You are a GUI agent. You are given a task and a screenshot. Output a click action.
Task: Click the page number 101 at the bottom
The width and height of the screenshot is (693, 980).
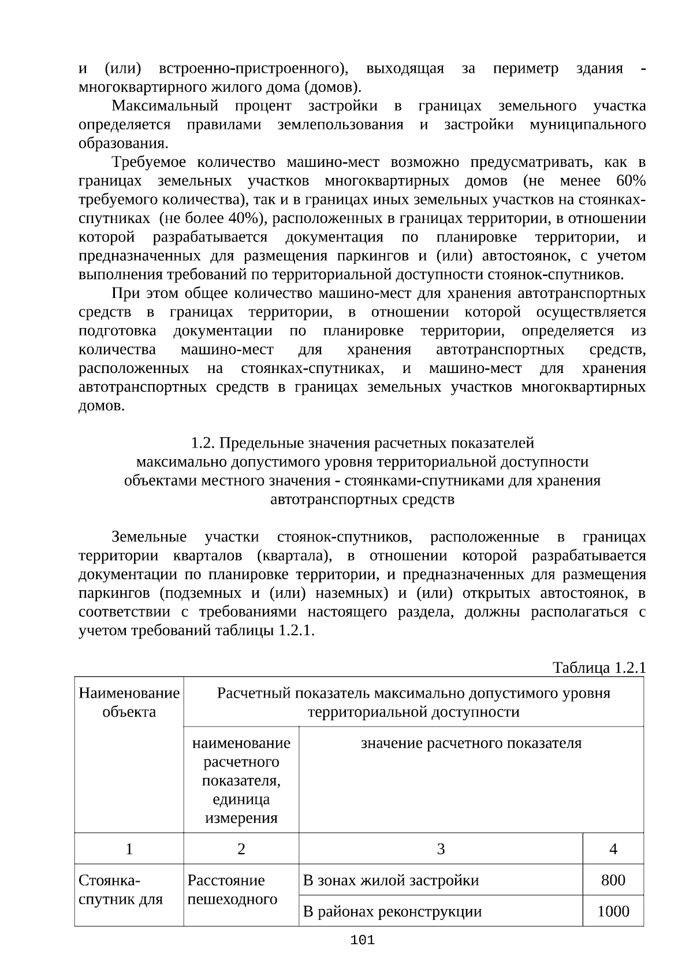pos(363,940)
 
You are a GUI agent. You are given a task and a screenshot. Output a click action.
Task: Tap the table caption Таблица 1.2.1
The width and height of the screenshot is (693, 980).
pos(599,668)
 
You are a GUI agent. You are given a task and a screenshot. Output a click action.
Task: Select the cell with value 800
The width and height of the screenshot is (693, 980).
pos(613,880)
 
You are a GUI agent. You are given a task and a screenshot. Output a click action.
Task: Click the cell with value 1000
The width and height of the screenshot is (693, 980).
pos(613,911)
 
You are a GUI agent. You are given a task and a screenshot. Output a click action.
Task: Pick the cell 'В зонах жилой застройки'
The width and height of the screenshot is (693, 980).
pos(391,880)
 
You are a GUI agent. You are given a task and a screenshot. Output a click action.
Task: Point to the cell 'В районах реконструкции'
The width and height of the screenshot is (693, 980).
pos(392,911)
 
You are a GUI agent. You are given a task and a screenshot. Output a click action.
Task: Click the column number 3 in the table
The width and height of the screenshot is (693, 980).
pos(441,849)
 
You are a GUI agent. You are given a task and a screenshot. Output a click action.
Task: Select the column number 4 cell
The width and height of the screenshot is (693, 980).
pos(613,849)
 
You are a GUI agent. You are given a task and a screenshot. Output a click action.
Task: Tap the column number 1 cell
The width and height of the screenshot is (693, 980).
pos(129,849)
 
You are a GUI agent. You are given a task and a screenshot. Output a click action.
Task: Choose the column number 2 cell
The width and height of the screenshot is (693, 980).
pos(241,849)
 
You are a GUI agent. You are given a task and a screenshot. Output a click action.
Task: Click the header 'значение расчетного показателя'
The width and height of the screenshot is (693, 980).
pos(471,743)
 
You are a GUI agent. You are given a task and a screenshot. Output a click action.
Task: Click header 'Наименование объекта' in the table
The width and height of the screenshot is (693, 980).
pos(129,702)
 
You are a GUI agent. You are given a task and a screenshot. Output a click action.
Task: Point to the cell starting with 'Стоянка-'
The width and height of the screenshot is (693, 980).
pos(121,889)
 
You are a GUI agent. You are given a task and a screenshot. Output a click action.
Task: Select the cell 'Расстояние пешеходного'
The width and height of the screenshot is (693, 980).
pos(232,889)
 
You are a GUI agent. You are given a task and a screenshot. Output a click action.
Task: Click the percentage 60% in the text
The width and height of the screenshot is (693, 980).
pos(631,181)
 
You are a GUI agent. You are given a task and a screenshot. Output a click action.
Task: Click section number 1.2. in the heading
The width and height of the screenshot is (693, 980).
pos(203,443)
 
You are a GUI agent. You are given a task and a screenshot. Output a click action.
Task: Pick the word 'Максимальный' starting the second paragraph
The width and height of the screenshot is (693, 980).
pos(165,106)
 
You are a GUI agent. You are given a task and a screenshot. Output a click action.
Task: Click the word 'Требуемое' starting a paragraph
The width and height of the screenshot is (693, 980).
pos(150,162)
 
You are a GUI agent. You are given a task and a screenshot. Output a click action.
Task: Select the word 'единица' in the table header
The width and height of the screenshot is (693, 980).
pos(241,799)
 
